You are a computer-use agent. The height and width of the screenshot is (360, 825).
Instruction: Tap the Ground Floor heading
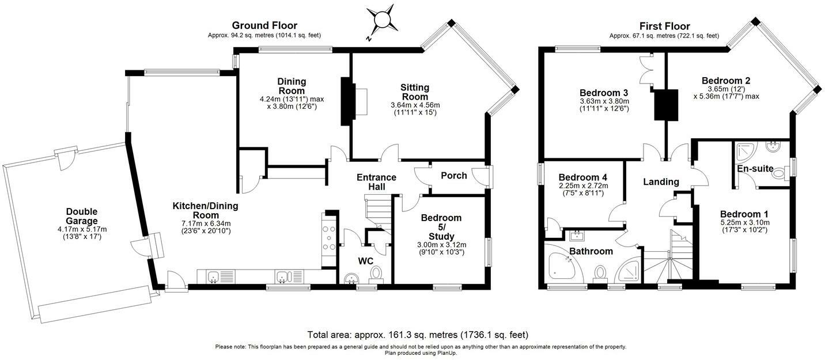pyautogui.click(x=264, y=25)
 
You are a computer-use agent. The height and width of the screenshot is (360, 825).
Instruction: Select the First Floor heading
pyautogui.click(x=664, y=26)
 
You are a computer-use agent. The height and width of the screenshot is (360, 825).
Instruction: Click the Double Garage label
pyautogui.click(x=82, y=216)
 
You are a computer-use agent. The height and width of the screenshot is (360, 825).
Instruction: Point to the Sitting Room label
pyautogui.click(x=415, y=92)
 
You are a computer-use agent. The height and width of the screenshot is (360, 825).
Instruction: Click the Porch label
pyautogui.click(x=454, y=176)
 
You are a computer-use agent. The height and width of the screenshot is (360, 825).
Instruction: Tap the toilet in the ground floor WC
pyautogui.click(x=376, y=275)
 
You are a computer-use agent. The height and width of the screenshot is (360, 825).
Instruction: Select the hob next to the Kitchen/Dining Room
pyautogui.click(x=328, y=237)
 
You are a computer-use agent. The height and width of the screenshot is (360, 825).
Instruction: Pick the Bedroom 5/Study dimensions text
pyautogui.click(x=441, y=248)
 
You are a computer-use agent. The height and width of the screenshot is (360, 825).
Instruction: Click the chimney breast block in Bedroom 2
pyautogui.click(x=666, y=104)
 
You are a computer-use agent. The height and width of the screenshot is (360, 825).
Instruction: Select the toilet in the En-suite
pyautogui.click(x=781, y=173)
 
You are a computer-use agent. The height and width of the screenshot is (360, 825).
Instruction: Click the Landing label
pyautogui.click(x=661, y=181)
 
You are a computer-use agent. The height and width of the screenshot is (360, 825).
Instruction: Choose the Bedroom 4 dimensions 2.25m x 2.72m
pyautogui.click(x=583, y=186)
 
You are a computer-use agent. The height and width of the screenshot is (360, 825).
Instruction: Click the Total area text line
pyautogui.click(x=418, y=335)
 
